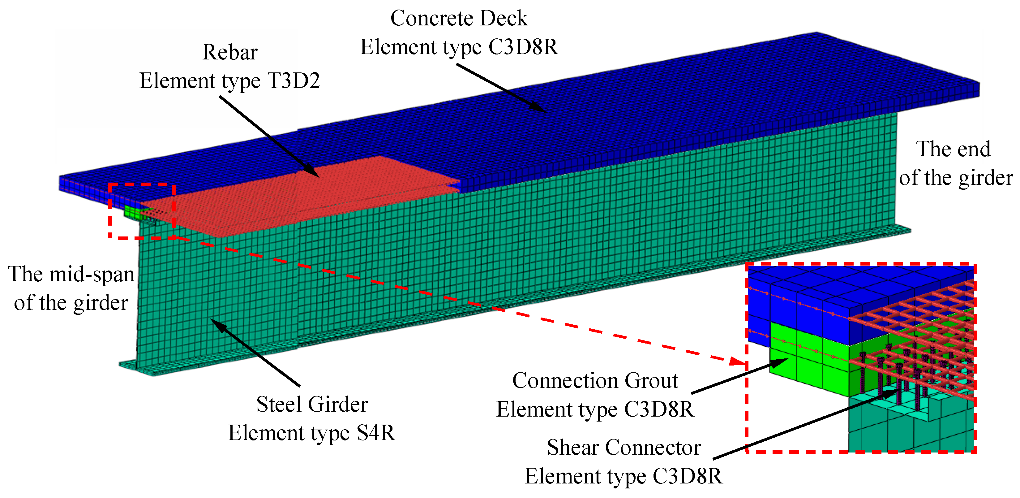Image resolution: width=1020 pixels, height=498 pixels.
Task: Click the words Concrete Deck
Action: click(459, 18)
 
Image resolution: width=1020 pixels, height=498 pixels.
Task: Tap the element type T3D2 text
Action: click(230, 81)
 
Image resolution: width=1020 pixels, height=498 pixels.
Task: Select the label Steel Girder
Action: click(312, 404)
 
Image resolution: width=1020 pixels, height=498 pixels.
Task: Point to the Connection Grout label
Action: click(595, 381)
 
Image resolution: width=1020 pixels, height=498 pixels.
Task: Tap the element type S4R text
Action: click(312, 433)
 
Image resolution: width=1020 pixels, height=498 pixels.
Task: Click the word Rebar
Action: click(230, 52)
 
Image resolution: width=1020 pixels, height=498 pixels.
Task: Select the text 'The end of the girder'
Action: click(955, 163)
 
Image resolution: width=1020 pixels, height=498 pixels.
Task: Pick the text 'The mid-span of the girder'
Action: click(71, 288)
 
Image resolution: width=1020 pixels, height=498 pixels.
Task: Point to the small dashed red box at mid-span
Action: click(142, 211)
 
